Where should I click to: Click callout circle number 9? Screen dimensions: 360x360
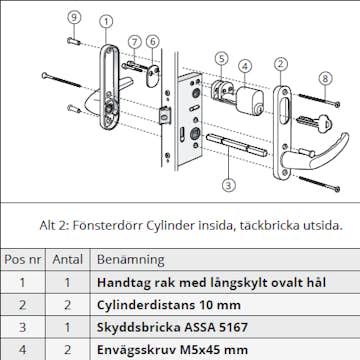point(73,16)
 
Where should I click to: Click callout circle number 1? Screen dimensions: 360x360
point(106,21)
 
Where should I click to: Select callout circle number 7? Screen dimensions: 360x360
point(134,41)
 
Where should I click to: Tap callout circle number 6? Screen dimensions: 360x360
point(152,41)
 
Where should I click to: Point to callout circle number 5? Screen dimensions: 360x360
point(222,59)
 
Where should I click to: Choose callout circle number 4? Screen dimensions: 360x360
point(245,67)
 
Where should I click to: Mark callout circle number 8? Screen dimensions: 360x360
point(325,78)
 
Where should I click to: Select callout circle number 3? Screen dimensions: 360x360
point(228,184)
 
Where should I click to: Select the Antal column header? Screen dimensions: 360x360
point(68,258)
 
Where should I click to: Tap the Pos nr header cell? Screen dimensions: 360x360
point(23,258)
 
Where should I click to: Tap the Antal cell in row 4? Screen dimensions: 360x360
point(68,350)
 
